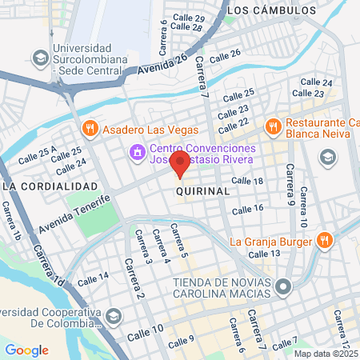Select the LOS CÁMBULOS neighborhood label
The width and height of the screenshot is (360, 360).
point(271,10)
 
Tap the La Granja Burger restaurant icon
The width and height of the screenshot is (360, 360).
point(325,240)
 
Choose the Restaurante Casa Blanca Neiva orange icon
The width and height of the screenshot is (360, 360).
point(273,125)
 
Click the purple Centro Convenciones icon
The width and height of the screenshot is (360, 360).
point(137,150)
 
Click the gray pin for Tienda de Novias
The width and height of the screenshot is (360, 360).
point(282,286)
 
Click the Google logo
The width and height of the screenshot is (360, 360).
point(26,350)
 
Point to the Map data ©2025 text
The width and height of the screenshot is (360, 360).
point(325,353)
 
